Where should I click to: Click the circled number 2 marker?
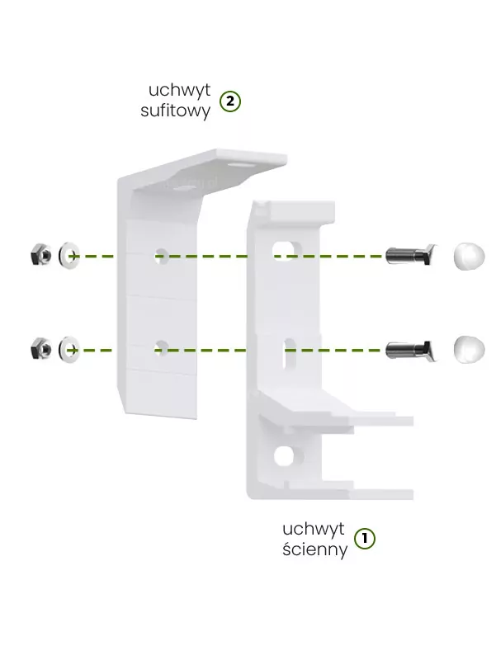click(x=230, y=101)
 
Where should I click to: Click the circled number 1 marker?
click(x=364, y=539)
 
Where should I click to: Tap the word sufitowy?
click(x=175, y=111)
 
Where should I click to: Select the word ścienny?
click(x=315, y=549)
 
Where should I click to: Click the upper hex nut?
click(x=41, y=254)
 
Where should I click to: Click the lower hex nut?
click(x=41, y=348)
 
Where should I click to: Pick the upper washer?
click(x=69, y=255)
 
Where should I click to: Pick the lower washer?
click(x=69, y=349)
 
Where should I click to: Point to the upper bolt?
click(x=410, y=255)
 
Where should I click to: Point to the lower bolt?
click(x=410, y=350)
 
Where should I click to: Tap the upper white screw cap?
click(x=469, y=256)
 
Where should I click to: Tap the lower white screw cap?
click(x=469, y=349)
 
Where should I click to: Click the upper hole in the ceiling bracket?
click(x=161, y=256)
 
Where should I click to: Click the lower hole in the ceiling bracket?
click(x=161, y=347)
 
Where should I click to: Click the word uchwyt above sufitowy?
click(x=179, y=90)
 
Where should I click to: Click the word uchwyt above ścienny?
click(x=314, y=529)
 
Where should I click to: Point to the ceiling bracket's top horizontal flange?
click(x=210, y=168)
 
